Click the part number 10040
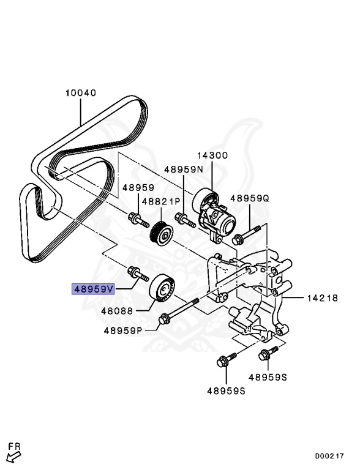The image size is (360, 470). [81, 93]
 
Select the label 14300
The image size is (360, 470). [211, 157]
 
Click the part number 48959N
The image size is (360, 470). [183, 169]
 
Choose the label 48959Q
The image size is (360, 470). [250, 198]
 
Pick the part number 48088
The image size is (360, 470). [118, 311]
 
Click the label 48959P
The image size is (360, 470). [122, 330]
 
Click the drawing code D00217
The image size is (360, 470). [329, 456]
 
